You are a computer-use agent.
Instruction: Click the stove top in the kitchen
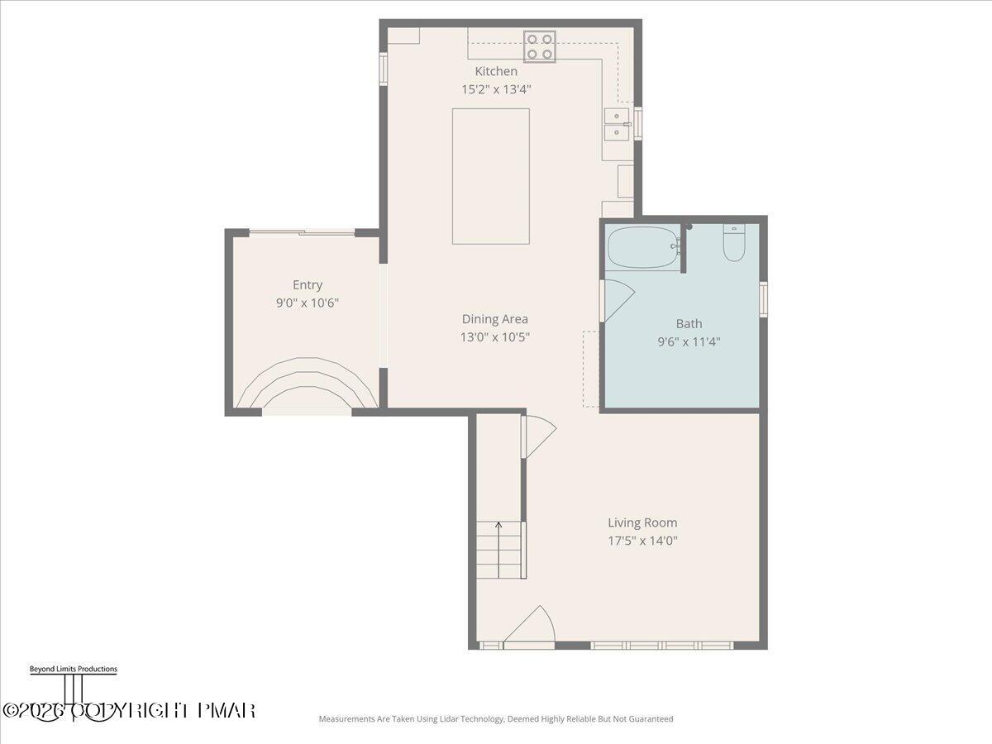(x=539, y=46)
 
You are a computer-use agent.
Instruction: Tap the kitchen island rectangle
(x=490, y=176)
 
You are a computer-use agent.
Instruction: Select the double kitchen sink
(x=617, y=124)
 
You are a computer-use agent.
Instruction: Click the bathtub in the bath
(x=643, y=247)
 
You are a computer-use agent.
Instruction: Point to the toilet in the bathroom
(x=734, y=243)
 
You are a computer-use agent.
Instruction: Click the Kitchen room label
(x=496, y=72)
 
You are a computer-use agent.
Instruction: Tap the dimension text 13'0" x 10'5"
(x=494, y=337)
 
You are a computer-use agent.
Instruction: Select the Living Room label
(x=642, y=522)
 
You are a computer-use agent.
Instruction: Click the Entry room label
(x=308, y=285)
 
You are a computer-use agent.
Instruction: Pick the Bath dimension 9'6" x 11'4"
(x=689, y=341)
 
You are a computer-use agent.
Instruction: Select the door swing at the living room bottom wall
(x=531, y=627)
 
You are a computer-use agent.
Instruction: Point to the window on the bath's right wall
(x=763, y=299)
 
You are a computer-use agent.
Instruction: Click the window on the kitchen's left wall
(x=383, y=69)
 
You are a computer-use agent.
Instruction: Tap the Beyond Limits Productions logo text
(x=73, y=670)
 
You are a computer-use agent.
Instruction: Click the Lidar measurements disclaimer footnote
(x=496, y=719)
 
